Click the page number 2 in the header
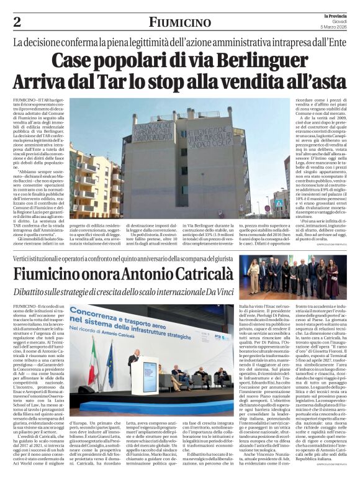[17, 22]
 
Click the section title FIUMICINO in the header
[179, 22]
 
